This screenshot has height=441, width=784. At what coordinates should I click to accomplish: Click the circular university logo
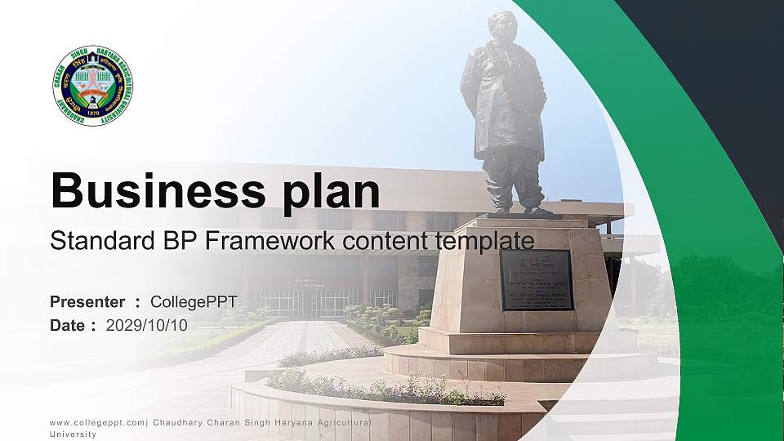coord(93,86)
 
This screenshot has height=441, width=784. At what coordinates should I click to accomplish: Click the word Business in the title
coord(154,191)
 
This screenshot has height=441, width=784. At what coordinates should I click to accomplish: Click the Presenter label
coord(87,302)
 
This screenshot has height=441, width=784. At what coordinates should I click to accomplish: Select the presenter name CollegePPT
coord(194,302)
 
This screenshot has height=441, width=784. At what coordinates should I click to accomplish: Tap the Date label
coord(68,325)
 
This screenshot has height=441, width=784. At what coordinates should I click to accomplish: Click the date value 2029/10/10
coord(146,325)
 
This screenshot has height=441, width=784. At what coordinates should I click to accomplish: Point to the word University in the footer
coord(73,434)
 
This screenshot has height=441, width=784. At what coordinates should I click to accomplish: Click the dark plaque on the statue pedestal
coord(536,280)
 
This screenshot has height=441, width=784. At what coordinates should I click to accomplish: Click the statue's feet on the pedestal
coord(519,209)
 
